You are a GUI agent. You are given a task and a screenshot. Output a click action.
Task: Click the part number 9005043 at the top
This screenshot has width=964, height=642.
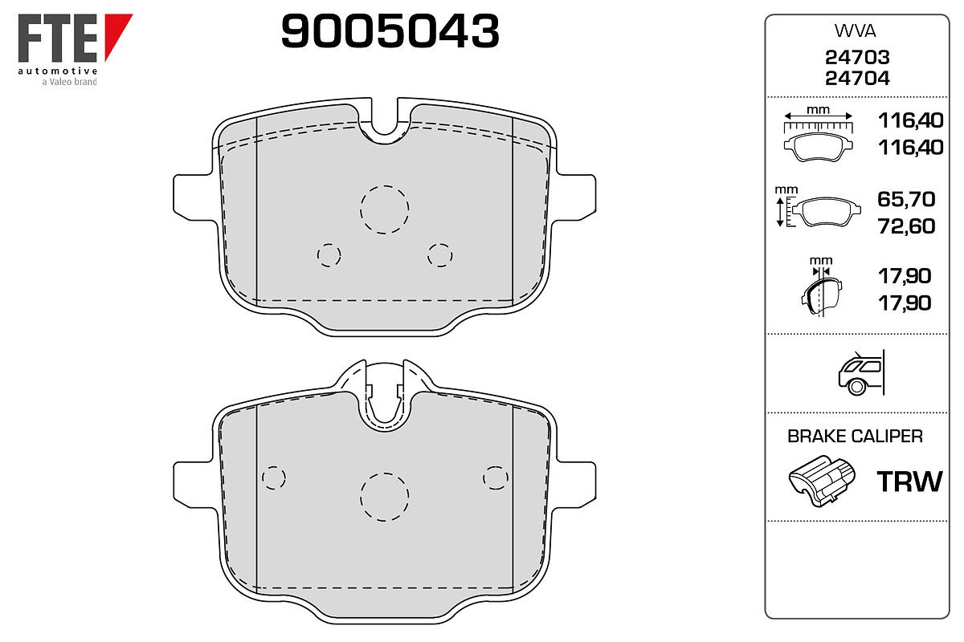390,31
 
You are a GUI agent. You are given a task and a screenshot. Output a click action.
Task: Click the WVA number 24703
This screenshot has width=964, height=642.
857,57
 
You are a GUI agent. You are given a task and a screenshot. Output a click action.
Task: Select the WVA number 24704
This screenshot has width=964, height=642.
857,79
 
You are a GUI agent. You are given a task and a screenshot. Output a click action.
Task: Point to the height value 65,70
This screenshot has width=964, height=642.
906,199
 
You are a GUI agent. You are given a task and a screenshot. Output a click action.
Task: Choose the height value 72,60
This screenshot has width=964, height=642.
906,226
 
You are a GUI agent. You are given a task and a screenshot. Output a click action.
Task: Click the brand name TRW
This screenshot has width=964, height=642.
909,481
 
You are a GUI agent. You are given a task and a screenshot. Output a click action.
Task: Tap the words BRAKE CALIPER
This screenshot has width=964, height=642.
855,437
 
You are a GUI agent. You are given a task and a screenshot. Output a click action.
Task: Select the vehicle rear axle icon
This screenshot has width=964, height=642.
861,372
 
